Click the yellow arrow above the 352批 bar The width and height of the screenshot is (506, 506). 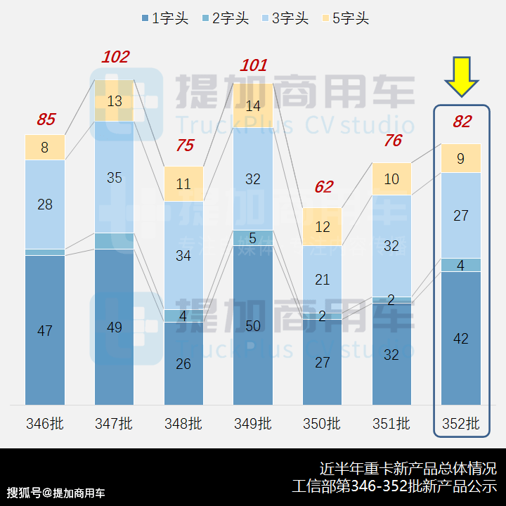point(462,77)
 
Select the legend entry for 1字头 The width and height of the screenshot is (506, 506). point(164,19)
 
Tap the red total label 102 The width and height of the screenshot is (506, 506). point(115,57)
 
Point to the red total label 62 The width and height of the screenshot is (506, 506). point(323,187)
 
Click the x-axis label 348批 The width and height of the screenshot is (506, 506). point(183,424)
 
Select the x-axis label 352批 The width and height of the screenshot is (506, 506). point(461,424)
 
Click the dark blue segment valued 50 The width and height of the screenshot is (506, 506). point(253,325)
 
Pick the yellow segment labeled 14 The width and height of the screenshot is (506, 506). point(253,106)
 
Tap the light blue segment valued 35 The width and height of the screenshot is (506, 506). point(115,177)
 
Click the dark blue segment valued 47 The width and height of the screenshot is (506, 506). point(45,330)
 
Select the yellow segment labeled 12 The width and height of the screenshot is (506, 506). point(323,227)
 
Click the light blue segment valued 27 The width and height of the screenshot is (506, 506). point(461,215)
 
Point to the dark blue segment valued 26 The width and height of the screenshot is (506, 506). point(183,363)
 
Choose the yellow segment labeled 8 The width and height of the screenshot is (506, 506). point(45,148)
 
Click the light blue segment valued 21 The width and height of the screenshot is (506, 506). point(323,279)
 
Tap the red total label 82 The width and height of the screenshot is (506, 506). point(462,122)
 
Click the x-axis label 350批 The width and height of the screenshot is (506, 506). point(323,424)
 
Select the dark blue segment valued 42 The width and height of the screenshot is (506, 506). point(461,339)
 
